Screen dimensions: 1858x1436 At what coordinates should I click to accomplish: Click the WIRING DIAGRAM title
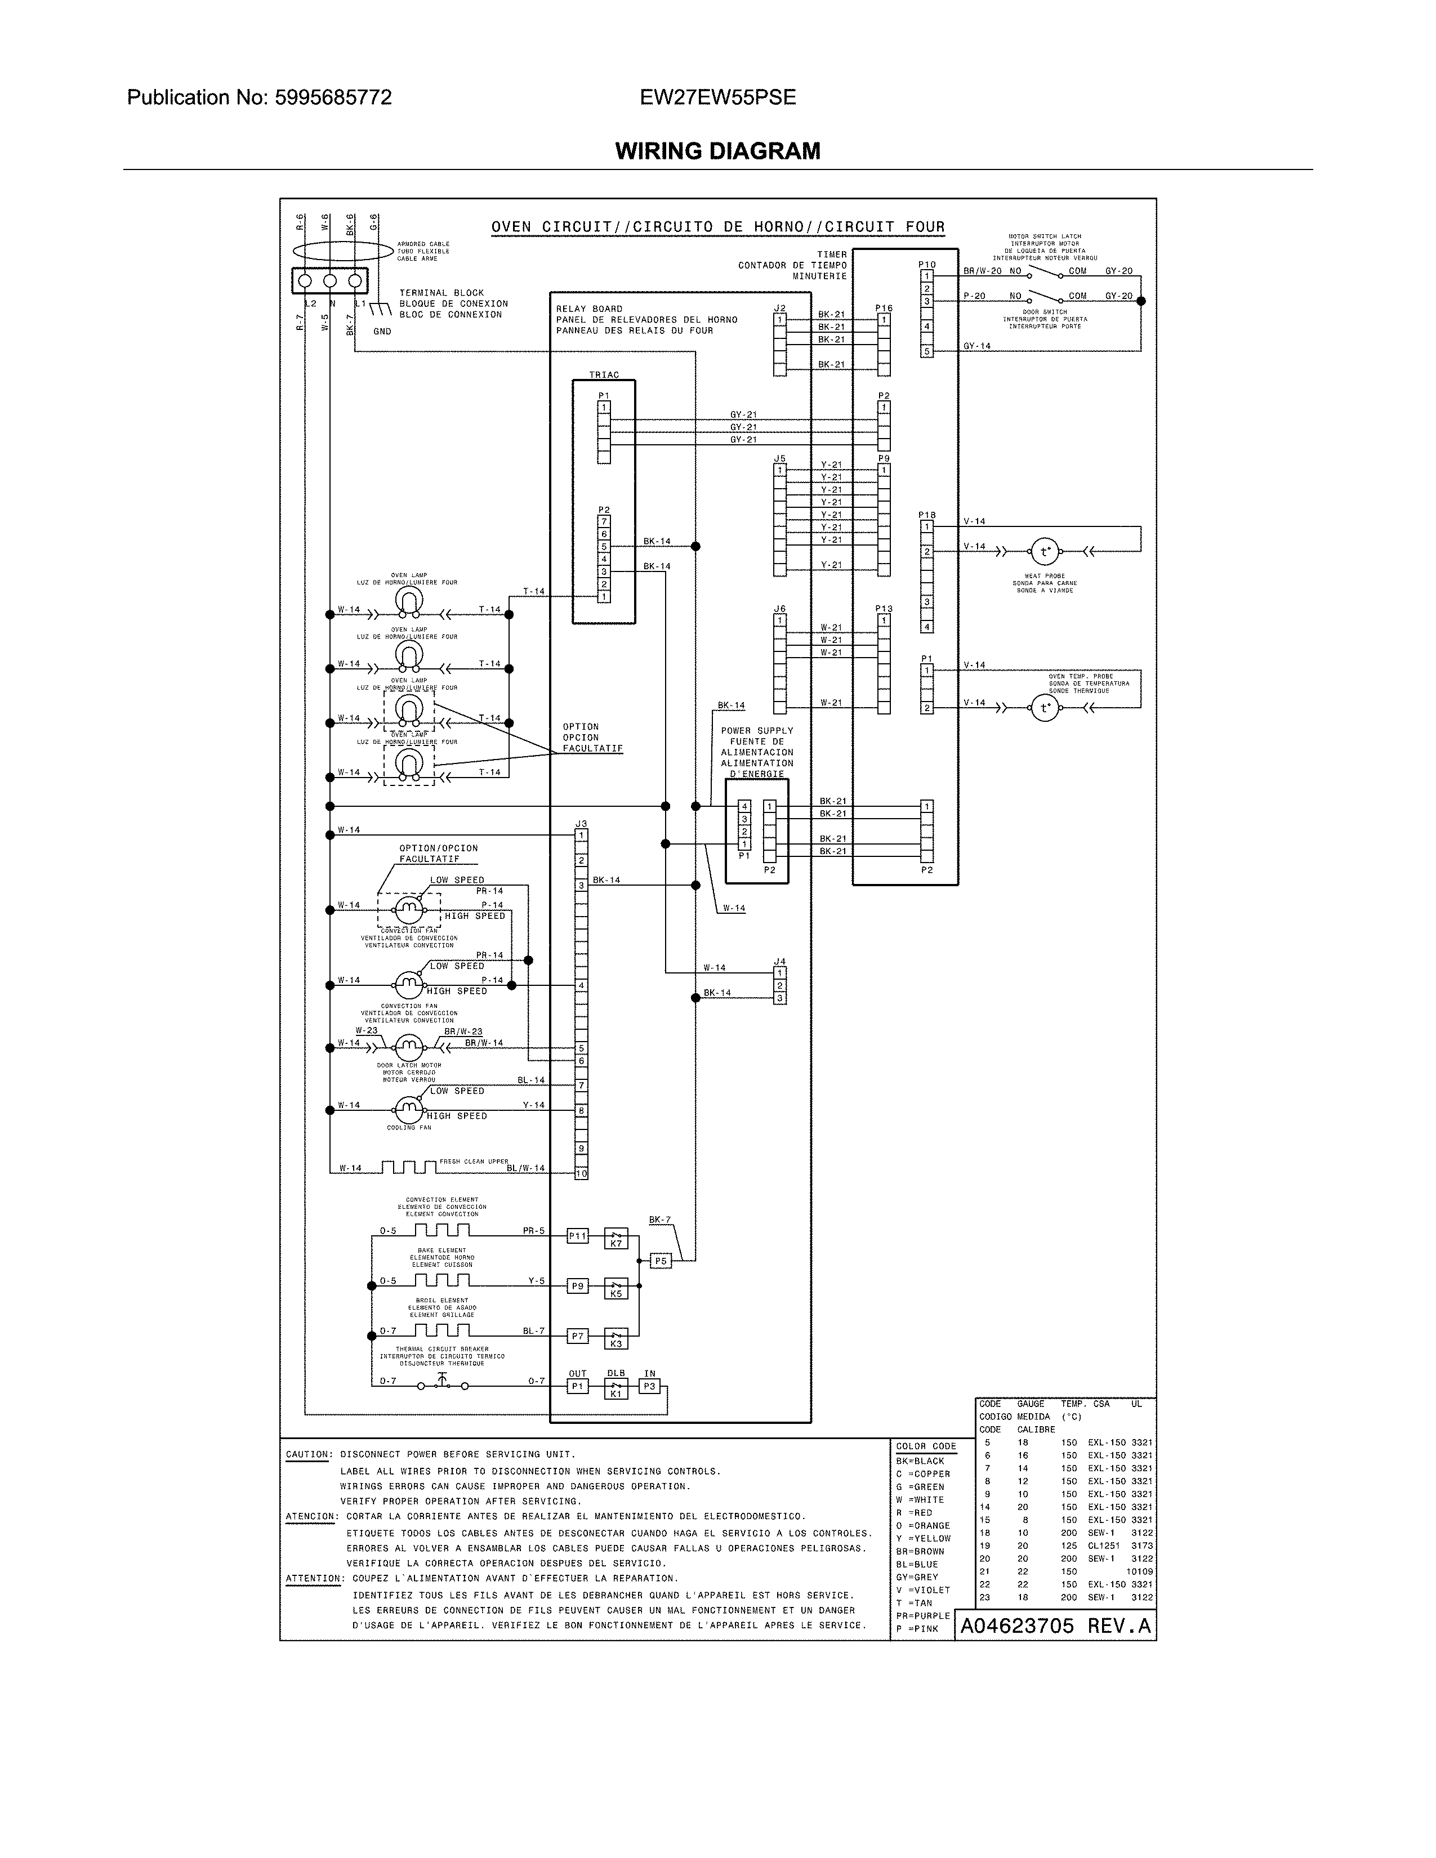tap(717, 151)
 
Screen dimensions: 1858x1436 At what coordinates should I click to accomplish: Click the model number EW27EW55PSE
tap(717, 98)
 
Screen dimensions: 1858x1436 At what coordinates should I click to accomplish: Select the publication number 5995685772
tap(333, 98)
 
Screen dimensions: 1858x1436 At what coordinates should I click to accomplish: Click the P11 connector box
tap(578, 1236)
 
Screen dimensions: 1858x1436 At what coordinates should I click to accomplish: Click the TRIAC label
tap(604, 375)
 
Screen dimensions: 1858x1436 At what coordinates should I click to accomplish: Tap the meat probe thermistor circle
tap(1044, 552)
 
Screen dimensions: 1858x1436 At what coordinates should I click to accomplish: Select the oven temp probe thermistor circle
tap(1044, 708)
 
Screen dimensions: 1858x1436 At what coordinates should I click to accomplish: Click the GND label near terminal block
tap(382, 332)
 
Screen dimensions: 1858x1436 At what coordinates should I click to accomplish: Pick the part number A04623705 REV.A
tap(1055, 1626)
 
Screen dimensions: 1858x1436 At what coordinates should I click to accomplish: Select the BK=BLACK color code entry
tap(920, 1461)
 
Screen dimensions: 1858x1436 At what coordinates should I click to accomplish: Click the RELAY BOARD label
tap(588, 309)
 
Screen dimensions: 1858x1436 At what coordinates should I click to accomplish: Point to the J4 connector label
tap(779, 961)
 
